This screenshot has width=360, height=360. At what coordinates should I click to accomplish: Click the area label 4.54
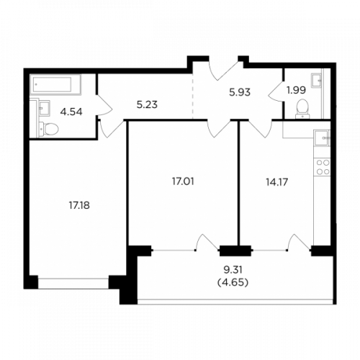(x=71, y=112)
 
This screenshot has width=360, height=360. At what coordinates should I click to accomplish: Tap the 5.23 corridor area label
(x=147, y=104)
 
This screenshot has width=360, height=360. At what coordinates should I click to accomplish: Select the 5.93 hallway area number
(x=240, y=92)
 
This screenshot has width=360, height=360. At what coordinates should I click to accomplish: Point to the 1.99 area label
(x=296, y=90)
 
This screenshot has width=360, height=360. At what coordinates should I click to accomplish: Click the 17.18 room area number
(x=79, y=205)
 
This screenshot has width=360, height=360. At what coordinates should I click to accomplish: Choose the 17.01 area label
(x=183, y=181)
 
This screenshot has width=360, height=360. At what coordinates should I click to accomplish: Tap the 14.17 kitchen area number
(x=276, y=182)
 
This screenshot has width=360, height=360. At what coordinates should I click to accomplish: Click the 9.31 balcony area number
(x=233, y=270)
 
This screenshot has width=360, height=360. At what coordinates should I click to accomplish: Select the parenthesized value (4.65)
(x=233, y=282)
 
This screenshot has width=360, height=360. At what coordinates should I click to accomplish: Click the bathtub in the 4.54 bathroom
(x=55, y=84)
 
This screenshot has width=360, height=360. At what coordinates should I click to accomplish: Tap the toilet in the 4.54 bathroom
(x=48, y=129)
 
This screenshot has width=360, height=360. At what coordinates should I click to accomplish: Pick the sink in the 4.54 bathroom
(x=44, y=109)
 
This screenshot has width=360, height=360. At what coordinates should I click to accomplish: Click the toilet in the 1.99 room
(x=302, y=109)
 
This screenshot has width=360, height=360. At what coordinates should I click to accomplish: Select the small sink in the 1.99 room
(x=316, y=81)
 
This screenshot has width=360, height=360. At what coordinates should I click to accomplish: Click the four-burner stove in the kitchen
(x=323, y=167)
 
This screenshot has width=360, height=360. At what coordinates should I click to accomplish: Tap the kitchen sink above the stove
(x=323, y=138)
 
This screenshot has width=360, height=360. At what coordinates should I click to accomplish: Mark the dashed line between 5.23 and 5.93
(x=192, y=96)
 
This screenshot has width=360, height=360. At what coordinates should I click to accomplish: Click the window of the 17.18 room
(x=73, y=284)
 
